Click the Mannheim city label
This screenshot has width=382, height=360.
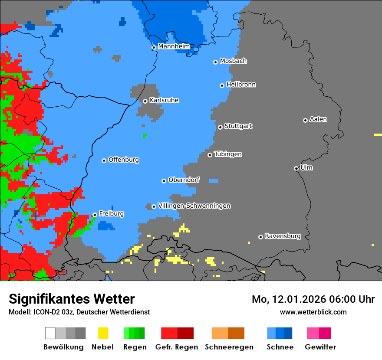tap(174, 46)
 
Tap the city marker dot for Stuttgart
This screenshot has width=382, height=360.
tap(220, 127)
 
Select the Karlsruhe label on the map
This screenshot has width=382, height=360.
tap(164, 100)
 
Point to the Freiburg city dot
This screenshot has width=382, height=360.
tap(95, 215)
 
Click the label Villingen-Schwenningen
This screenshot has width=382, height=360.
tap(194, 206)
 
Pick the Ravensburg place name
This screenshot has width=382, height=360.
tap(283, 236)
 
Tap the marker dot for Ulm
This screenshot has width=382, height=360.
tap(296, 168)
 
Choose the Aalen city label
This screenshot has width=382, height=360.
tap(318, 119)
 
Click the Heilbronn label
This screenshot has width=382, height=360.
tap(241, 85)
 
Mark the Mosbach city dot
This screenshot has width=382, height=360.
tap(215, 62)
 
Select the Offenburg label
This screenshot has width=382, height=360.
tap(123, 160)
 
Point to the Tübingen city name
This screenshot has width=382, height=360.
tap(228, 154)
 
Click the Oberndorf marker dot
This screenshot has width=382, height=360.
tap(164, 181)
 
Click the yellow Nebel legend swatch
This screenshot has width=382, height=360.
tap(103, 333)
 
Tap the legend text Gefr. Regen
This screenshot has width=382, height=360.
tap(177, 347)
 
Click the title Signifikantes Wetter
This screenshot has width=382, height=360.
tap(72, 299)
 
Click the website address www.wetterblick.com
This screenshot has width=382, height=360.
tap(313, 312)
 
